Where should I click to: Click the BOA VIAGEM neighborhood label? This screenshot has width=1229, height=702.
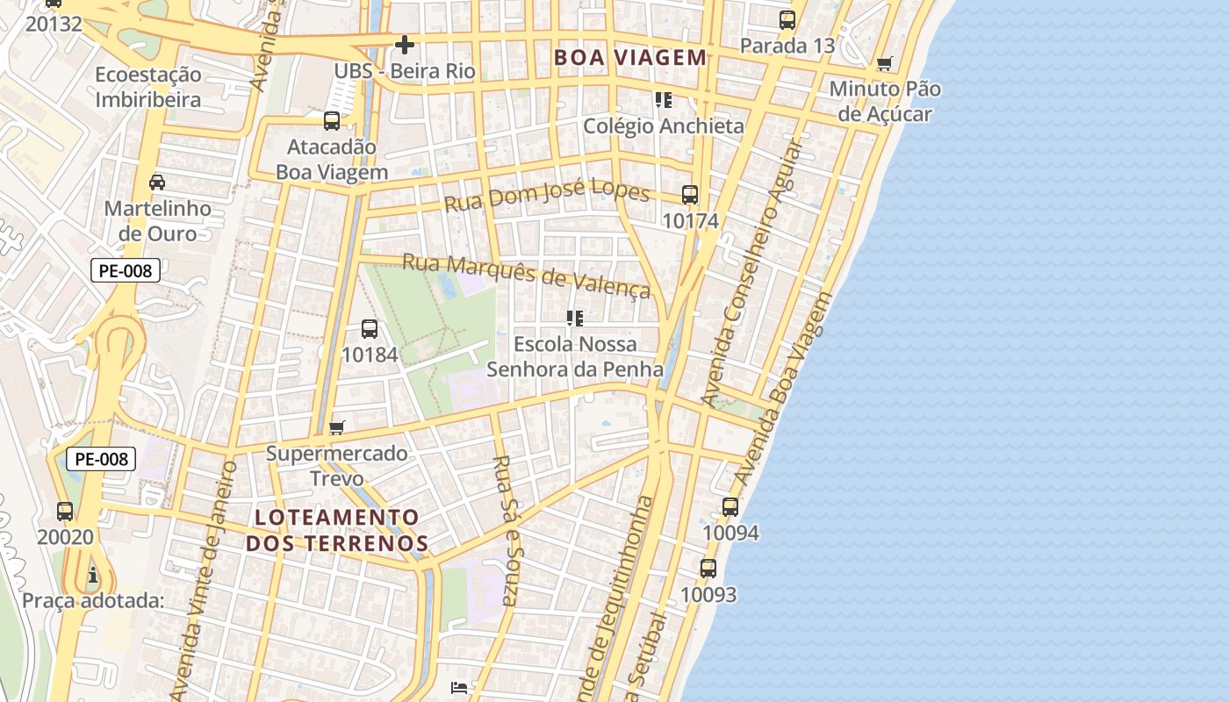tap(629, 58)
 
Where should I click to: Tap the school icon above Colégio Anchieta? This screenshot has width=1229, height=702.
tap(663, 100)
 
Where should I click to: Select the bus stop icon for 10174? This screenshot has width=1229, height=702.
tap(690, 195)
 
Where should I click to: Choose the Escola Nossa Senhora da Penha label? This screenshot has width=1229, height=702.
tap(575, 356)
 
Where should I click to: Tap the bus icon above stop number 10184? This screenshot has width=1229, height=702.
tap(370, 329)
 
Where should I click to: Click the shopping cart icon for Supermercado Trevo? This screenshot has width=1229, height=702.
tap(336, 428)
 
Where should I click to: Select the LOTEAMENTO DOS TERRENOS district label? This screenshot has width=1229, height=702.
tap(337, 530)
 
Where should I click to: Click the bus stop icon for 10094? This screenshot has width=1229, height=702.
tap(730, 507)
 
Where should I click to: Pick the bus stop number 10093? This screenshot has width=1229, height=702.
tap(708, 595)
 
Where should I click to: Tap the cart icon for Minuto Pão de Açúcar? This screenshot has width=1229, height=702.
tap(885, 64)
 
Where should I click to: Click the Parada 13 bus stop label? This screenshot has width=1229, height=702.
tap(787, 46)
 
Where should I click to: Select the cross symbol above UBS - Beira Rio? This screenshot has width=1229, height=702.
tap(404, 44)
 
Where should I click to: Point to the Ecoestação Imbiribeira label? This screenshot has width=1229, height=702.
tap(147, 87)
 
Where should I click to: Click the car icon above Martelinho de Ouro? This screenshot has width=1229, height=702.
tap(157, 183)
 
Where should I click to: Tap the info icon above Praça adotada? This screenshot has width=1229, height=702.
tap(93, 576)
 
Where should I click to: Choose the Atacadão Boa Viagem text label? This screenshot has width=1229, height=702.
tap(332, 160)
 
